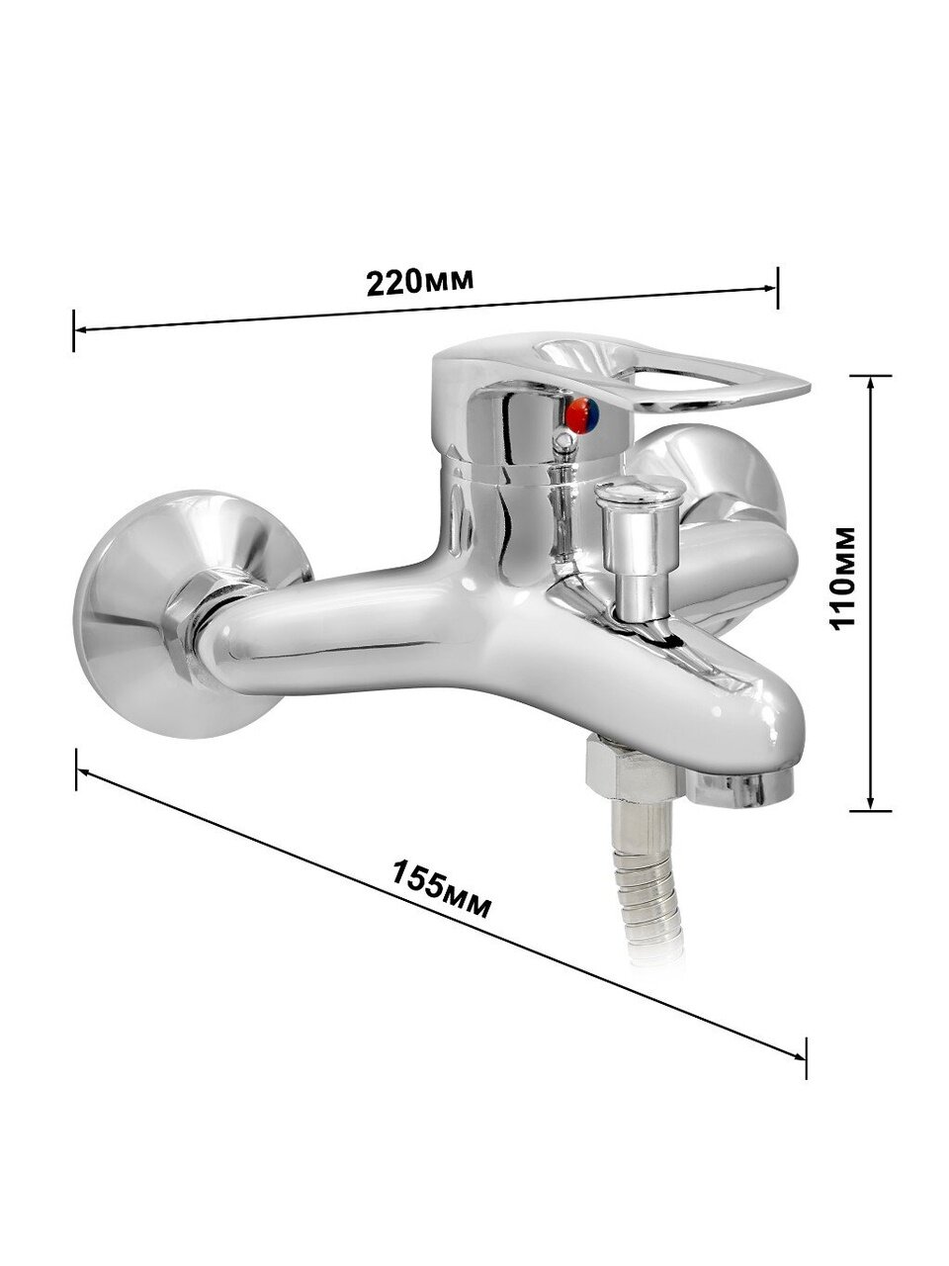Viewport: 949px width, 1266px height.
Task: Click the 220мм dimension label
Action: (x=420, y=282)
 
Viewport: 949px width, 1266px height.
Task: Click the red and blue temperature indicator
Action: (x=582, y=415)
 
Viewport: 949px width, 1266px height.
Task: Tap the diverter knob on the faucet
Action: (x=640, y=547)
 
